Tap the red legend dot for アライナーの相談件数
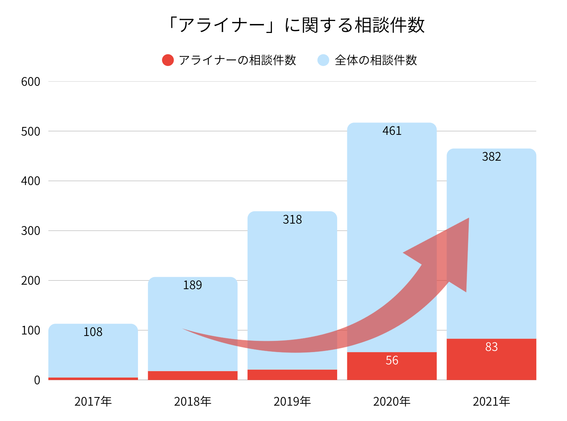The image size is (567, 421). [168, 60]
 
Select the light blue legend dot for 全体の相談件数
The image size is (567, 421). [323, 60]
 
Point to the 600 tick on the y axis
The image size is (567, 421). [31, 82]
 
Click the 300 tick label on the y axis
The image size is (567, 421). [31, 231]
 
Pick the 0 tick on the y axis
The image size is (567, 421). [37, 380]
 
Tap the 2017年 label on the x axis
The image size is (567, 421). [93, 402]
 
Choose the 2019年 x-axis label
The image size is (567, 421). [292, 402]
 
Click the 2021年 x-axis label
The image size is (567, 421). [491, 402]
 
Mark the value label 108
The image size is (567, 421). [93, 332]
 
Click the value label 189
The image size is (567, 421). [192, 285]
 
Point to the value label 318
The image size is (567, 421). [292, 219]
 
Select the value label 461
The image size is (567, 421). [392, 131]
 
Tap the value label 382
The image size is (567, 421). [491, 157]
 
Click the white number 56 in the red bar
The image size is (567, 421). [392, 360]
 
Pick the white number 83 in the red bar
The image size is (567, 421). [491, 347]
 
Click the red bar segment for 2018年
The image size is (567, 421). [192, 375]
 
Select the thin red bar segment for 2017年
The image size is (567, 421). [93, 379]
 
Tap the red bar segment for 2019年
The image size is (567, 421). [292, 375]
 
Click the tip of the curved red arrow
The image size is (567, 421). [468, 218]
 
